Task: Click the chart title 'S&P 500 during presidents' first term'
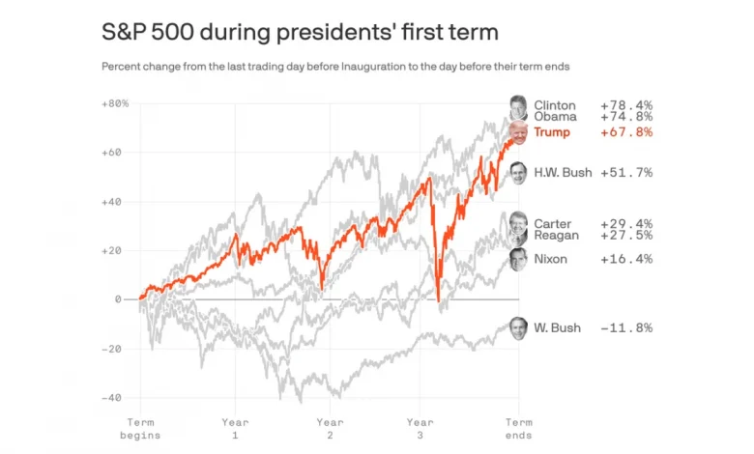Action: click(300, 32)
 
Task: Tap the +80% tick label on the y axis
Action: click(114, 103)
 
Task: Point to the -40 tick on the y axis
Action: click(114, 397)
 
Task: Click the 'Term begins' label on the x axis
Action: click(140, 428)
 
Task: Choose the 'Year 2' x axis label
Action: click(330, 428)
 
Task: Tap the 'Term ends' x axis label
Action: click(519, 428)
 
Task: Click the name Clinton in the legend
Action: click(555, 105)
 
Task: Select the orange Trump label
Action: click(552, 132)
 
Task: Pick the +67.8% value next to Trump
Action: click(626, 132)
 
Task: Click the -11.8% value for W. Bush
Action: click(626, 327)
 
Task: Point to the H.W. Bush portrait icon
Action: click(519, 172)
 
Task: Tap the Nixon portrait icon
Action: click(519, 259)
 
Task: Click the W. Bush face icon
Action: click(519, 327)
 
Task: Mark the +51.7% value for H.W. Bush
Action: click(626, 173)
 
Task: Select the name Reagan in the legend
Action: click(557, 235)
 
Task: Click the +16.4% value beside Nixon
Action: click(626, 259)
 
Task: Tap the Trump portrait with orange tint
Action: click(519, 132)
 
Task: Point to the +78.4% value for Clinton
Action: click(626, 105)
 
